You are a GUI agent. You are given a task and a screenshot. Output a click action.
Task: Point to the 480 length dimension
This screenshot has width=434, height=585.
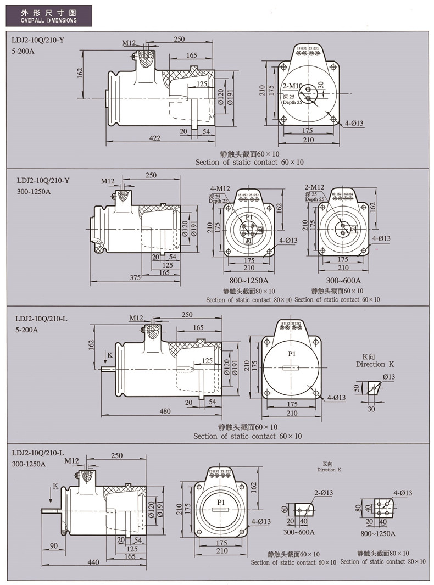pyautogui.click(x=164, y=410)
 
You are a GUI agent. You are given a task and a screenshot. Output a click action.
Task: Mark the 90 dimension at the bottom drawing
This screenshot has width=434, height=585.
pyautogui.click(x=53, y=545)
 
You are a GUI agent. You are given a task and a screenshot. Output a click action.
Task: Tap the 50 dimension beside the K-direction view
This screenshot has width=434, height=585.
pyautogui.click(x=356, y=388)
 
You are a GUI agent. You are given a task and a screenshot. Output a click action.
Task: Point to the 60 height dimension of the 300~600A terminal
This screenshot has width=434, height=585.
pyautogui.click(x=285, y=509)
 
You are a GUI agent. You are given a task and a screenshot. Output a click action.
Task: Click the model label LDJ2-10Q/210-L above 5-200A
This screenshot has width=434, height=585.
pyautogui.click(x=42, y=318)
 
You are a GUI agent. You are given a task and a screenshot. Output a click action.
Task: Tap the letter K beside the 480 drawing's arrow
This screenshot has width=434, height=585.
pyautogui.click(x=110, y=355)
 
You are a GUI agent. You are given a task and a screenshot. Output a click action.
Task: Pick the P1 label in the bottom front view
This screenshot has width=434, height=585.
pyautogui.click(x=221, y=503)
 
